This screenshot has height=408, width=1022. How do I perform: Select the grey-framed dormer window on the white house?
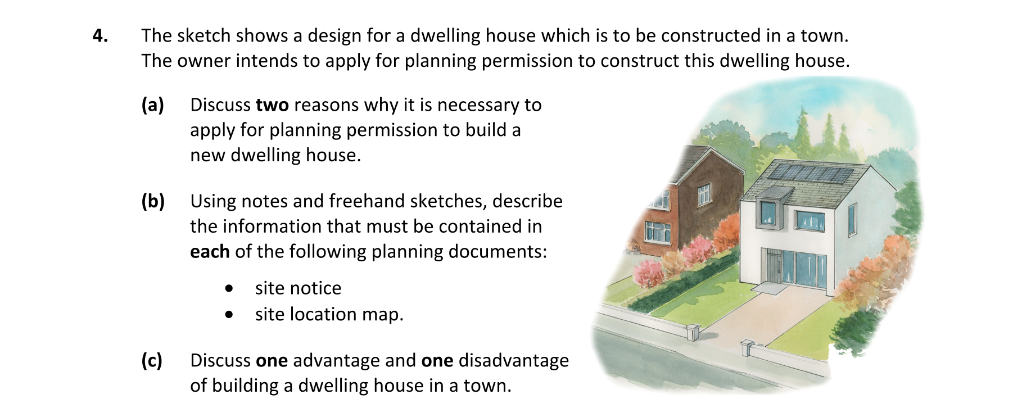(x=768, y=209)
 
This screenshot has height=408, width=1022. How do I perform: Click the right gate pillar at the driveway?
(x=748, y=348)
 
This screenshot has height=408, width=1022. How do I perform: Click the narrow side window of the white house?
(x=852, y=219)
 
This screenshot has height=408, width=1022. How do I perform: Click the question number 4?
(x=100, y=35)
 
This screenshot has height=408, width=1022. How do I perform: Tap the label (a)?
(x=152, y=105)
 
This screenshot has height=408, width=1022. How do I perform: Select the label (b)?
(x=153, y=201)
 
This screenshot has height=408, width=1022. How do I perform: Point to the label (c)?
(x=152, y=360)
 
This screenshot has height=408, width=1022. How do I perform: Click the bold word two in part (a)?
(x=272, y=105)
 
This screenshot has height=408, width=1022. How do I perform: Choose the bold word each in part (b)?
(x=210, y=251)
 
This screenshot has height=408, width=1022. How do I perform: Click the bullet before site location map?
(x=228, y=315)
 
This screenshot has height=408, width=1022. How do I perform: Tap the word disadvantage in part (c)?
(x=514, y=360)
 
